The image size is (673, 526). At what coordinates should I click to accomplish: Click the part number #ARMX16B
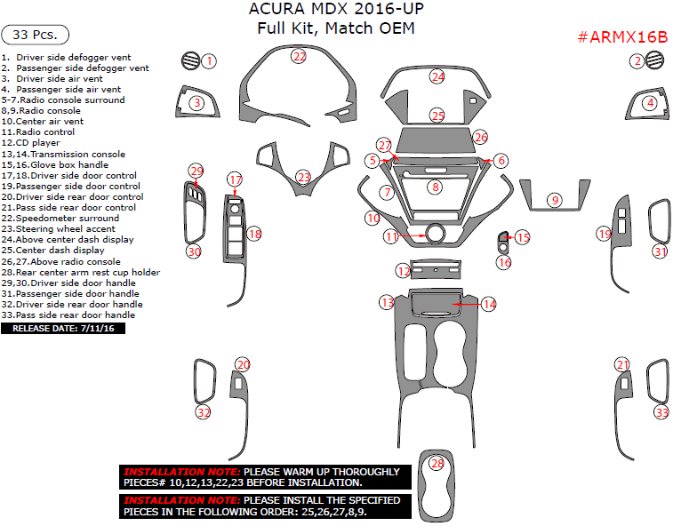click(x=622, y=37)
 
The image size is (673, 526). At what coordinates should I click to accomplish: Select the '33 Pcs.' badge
click(x=36, y=35)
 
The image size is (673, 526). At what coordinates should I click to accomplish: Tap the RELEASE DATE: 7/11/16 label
click(x=64, y=328)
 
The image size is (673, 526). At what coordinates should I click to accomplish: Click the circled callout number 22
click(x=300, y=56)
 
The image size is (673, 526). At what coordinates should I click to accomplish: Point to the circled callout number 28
click(x=437, y=463)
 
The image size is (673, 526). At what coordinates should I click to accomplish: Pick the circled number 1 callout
click(x=209, y=61)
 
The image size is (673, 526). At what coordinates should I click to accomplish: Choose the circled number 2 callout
click(x=637, y=61)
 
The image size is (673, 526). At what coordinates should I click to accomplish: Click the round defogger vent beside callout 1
click(x=188, y=61)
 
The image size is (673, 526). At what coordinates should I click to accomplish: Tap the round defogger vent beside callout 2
click(x=657, y=60)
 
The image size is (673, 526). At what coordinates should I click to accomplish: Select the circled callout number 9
click(x=556, y=201)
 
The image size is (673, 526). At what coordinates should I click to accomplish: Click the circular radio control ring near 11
click(x=436, y=234)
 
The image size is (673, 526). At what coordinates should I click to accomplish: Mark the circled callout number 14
click(x=489, y=304)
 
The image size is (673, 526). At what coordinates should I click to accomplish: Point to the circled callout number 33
click(x=661, y=412)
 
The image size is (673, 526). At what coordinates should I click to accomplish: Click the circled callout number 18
click(x=255, y=234)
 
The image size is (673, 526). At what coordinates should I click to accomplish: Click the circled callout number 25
click(x=437, y=116)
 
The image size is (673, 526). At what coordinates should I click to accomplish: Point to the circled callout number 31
click(x=661, y=251)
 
